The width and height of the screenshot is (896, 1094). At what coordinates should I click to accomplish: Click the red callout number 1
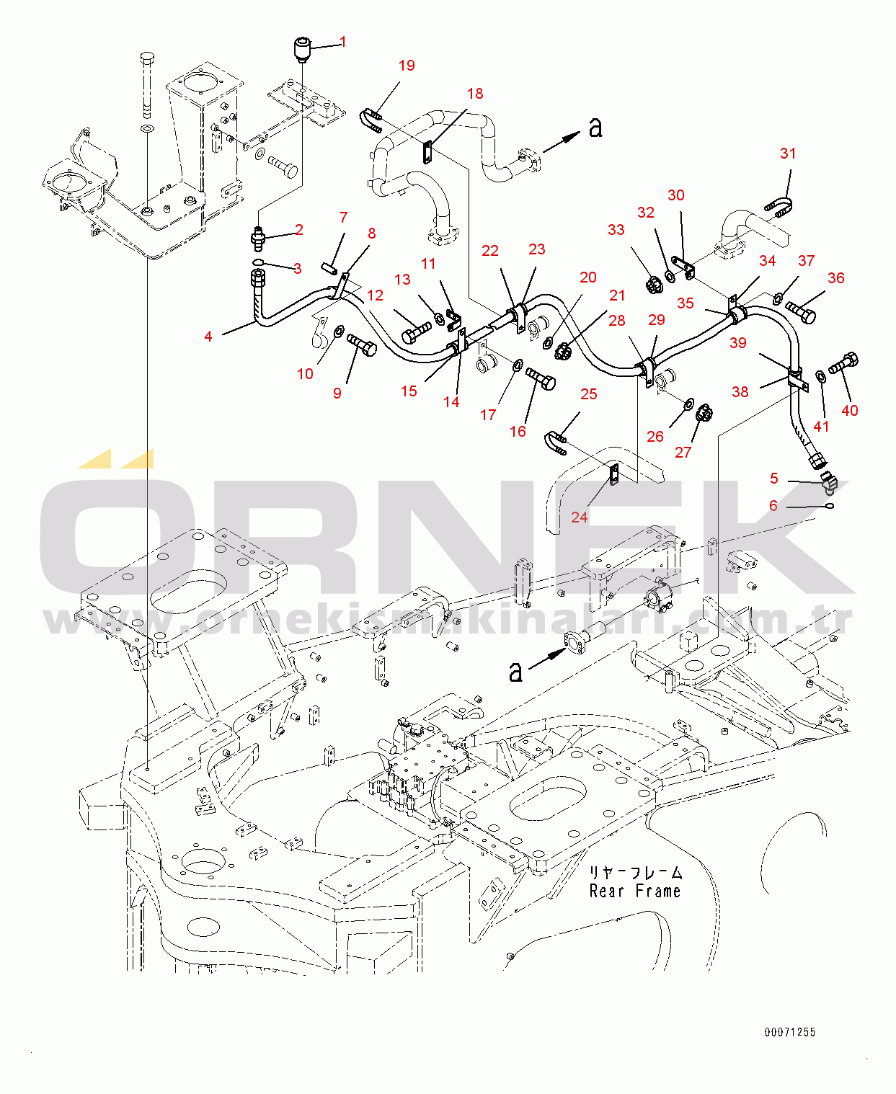pyautogui.click(x=343, y=42)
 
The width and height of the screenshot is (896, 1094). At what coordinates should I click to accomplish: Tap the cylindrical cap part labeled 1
pyautogui.click(x=302, y=51)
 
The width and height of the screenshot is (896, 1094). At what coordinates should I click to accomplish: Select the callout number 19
pyautogui.click(x=407, y=66)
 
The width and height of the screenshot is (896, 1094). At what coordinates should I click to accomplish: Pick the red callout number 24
pyautogui.click(x=580, y=517)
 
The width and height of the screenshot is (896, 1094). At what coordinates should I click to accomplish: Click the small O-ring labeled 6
pyautogui.click(x=830, y=506)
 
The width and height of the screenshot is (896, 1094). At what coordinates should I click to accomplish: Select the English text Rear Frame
pyautogui.click(x=635, y=891)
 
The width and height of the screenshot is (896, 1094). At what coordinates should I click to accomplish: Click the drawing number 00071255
pyautogui.click(x=790, y=1032)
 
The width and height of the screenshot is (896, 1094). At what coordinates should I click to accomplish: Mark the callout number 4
pyautogui.click(x=208, y=336)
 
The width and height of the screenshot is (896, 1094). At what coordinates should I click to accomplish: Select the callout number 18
pyautogui.click(x=475, y=94)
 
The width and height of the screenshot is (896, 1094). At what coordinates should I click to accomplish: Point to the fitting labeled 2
pyautogui.click(x=259, y=238)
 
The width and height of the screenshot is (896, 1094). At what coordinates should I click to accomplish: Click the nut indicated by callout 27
pyautogui.click(x=704, y=415)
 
